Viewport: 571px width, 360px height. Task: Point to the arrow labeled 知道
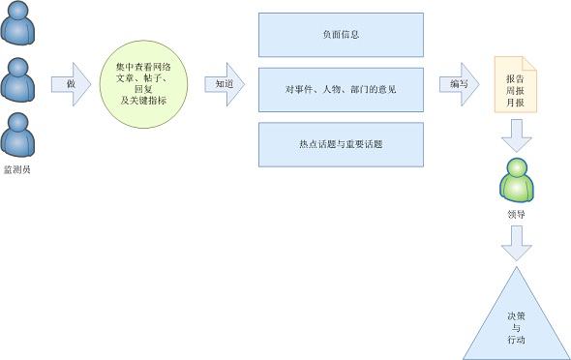click(x=225, y=83)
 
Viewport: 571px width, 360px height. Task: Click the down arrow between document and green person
click(x=517, y=135)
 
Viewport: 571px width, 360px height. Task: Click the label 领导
click(x=517, y=214)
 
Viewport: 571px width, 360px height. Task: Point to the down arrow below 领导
click(x=517, y=244)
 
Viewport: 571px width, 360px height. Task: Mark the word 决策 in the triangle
click(x=516, y=316)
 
